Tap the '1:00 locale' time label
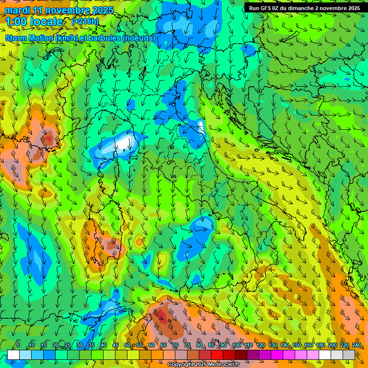tap(34, 22)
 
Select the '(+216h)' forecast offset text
tap(85, 22)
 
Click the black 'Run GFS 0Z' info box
tap(304, 8)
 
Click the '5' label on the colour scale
tap(18, 345)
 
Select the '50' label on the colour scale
tap(127, 345)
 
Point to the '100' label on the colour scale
tap(236, 345)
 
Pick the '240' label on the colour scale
tap(356, 345)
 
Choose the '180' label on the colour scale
tap(320, 345)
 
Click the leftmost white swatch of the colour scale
tap(13, 355)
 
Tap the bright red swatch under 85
tap(217, 355)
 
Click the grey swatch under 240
tap(349, 355)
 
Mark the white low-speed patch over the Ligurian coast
tap(125, 142)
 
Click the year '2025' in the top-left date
tap(102, 11)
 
